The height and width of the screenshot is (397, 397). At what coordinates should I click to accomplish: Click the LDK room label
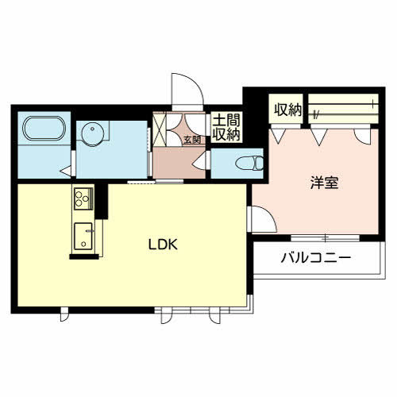[x=166, y=245]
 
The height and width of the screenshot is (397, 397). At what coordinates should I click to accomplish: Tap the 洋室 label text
[x=324, y=182]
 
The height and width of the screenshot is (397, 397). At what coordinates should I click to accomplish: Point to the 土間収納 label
[x=225, y=128]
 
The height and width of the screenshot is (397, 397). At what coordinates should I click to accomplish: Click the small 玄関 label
[x=192, y=141]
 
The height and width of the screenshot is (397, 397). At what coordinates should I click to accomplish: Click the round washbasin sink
[x=91, y=133]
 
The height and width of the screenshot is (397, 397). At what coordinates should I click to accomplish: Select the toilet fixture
[x=249, y=164]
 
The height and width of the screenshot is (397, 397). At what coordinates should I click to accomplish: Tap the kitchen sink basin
[x=83, y=236]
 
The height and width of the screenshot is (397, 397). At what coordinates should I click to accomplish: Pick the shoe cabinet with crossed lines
[x=161, y=130]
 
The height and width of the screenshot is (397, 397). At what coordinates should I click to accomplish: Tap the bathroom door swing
[x=65, y=169]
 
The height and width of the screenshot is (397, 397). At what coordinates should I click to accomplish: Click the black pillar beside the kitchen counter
[x=101, y=198]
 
